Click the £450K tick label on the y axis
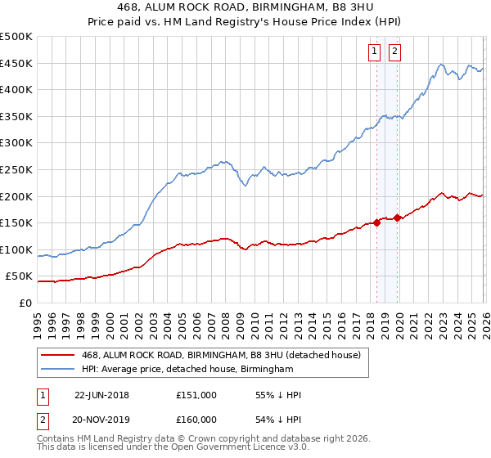pyautogui.click(x=16, y=63)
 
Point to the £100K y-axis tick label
pyautogui.click(x=16, y=249)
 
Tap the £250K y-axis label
pyautogui.click(x=16, y=169)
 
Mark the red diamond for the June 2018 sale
pyautogui.click(x=376, y=222)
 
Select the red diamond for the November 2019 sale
pyautogui.click(x=397, y=218)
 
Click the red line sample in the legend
pyautogui.click(x=57, y=355)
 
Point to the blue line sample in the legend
pyautogui.click(x=57, y=369)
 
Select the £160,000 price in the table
pyautogui.click(x=196, y=419)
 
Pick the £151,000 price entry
pyautogui.click(x=196, y=395)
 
